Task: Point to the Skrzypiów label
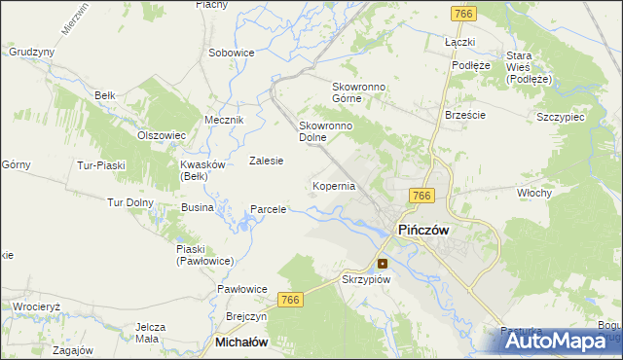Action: pos(366,279)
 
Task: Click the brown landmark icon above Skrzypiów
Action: pos(383,262)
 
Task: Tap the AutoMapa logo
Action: pos(561,341)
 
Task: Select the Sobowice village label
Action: pos(232,52)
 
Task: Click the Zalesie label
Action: pos(266,161)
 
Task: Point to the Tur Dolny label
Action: pos(131,202)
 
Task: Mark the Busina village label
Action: pos(197,208)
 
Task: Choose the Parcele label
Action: pos(269,209)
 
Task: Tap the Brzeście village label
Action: pos(464,114)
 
